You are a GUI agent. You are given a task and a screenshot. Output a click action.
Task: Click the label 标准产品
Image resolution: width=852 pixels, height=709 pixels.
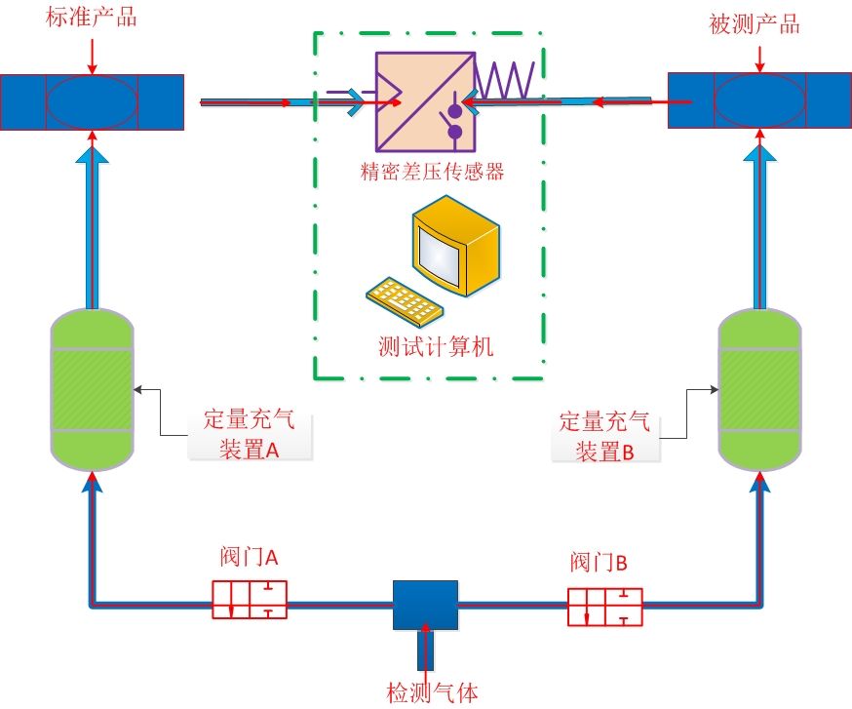click(x=91, y=18)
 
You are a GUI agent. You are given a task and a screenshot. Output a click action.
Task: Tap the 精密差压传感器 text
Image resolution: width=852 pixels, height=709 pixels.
click(x=432, y=172)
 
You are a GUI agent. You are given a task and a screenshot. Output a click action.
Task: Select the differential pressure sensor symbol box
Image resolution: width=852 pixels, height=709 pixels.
click(x=423, y=98)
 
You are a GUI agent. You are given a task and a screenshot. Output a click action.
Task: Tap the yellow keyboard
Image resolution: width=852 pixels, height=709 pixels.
click(x=404, y=300)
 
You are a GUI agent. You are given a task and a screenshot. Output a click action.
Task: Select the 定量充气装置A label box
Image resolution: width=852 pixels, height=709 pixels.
click(x=251, y=435)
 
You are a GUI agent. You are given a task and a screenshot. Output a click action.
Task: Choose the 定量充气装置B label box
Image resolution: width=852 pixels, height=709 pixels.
click(x=603, y=436)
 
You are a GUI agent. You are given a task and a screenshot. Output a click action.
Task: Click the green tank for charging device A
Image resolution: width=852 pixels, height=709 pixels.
click(x=91, y=387)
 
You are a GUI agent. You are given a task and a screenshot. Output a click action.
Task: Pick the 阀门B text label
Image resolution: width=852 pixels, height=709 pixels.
click(x=599, y=563)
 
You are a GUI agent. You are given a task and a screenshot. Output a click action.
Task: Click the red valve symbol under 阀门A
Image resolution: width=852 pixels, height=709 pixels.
click(x=250, y=599)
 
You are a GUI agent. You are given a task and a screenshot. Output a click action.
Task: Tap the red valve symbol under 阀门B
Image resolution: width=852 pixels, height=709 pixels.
click(x=604, y=606)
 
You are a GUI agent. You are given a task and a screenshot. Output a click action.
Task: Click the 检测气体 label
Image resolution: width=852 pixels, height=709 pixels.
click(x=432, y=693)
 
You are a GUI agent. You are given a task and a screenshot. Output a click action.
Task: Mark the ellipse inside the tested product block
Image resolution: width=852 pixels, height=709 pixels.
click(x=760, y=100)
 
